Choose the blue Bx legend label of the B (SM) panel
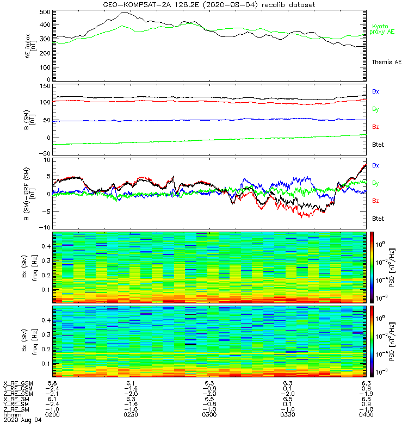(x=375, y=91)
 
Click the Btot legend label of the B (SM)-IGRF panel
(x=378, y=218)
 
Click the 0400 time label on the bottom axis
(x=365, y=414)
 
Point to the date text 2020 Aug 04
(x=22, y=420)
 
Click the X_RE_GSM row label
(x=18, y=383)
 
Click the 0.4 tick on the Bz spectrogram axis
(x=44, y=320)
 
